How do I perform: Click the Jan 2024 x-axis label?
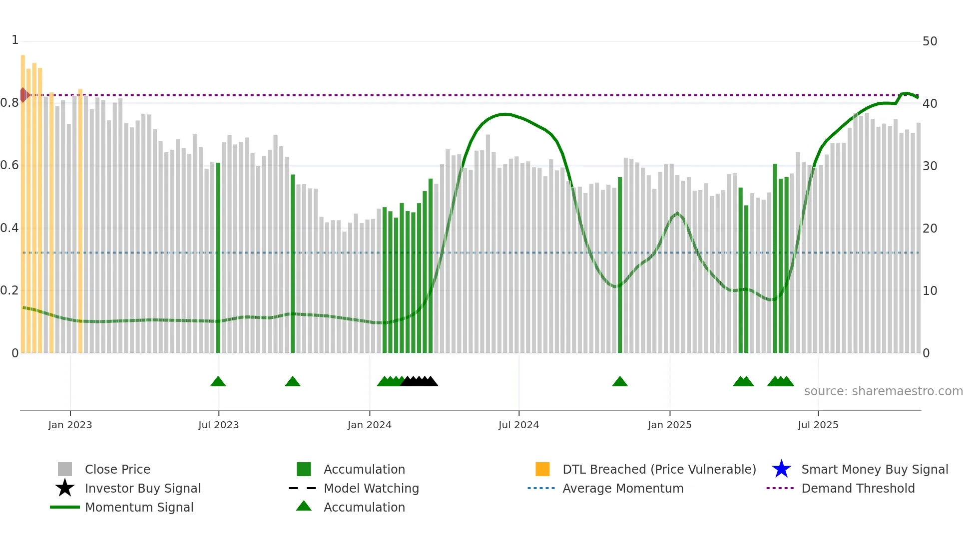pyautogui.click(x=369, y=425)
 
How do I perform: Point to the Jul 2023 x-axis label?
pyautogui.click(x=218, y=425)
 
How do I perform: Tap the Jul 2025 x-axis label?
pyautogui.click(x=818, y=425)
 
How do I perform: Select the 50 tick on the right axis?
pyautogui.click(x=930, y=41)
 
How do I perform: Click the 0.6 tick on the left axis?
pyautogui.click(x=10, y=165)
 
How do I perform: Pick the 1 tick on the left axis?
pyautogui.click(x=15, y=40)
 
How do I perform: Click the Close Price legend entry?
pyautogui.click(x=117, y=469)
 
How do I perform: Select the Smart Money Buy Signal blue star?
pyautogui.click(x=781, y=469)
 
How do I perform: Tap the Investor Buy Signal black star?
pyautogui.click(x=65, y=488)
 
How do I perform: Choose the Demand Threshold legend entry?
pyautogui.click(x=858, y=488)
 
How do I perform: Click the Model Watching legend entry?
pyautogui.click(x=371, y=488)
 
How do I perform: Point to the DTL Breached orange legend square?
pyautogui.click(x=542, y=469)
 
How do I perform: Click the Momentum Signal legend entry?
pyautogui.click(x=139, y=507)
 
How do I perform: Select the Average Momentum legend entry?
pyautogui.click(x=622, y=488)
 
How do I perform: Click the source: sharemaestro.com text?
pyautogui.click(x=883, y=391)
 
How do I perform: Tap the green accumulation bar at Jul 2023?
pyautogui.click(x=218, y=260)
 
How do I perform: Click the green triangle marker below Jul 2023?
pyautogui.click(x=218, y=382)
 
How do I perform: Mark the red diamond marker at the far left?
pyautogui.click(x=23, y=95)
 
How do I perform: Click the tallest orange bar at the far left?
pyautogui.click(x=23, y=200)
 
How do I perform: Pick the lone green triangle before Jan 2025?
pyautogui.click(x=619, y=382)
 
